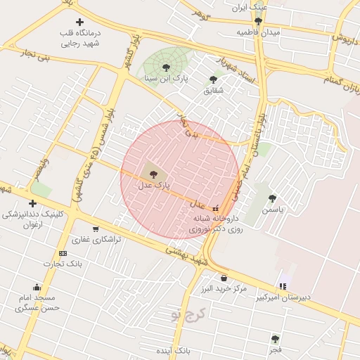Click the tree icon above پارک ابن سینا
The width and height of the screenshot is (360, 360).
[x=166, y=68]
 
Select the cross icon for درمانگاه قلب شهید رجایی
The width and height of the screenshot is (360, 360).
[x=79, y=22]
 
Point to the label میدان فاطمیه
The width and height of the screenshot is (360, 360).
[x=258, y=33]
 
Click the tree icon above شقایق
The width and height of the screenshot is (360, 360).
[x=213, y=79]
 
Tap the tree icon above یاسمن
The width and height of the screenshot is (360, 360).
[x=272, y=198]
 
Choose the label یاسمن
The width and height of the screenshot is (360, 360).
[x=272, y=210]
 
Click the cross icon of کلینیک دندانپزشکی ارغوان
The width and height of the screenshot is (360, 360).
[x=32, y=203]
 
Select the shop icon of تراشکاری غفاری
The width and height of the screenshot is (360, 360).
[x=95, y=229]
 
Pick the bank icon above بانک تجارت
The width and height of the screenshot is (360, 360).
[x=63, y=253]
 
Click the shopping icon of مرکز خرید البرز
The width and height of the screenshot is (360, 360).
[x=224, y=278]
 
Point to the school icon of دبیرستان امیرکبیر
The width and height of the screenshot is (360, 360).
[x=283, y=286]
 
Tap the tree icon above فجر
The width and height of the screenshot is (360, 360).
[x=275, y=338]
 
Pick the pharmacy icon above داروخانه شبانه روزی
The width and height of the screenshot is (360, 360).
[x=215, y=208]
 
